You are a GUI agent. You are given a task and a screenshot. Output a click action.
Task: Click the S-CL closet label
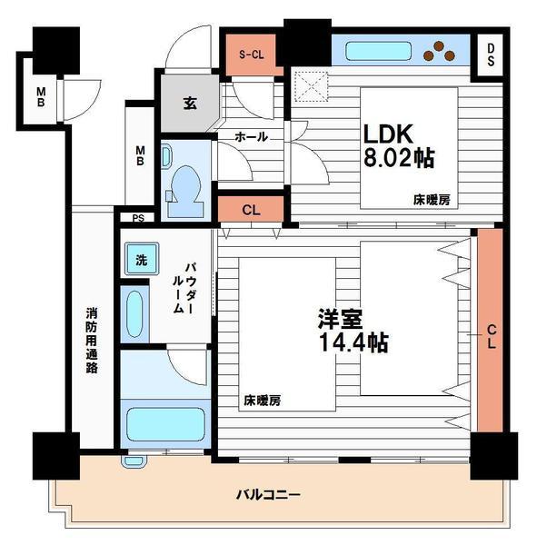point(252,54)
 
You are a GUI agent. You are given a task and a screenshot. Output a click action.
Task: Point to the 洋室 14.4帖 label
point(353,332)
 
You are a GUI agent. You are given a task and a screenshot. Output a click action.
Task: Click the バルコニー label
point(268,495)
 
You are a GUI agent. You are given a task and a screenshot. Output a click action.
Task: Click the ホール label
point(251,137)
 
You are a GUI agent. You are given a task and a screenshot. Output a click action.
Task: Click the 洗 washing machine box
point(141,258)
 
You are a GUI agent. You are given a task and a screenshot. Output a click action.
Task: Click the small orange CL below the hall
point(251,210)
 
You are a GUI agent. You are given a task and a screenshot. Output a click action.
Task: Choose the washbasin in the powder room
point(135,313)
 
